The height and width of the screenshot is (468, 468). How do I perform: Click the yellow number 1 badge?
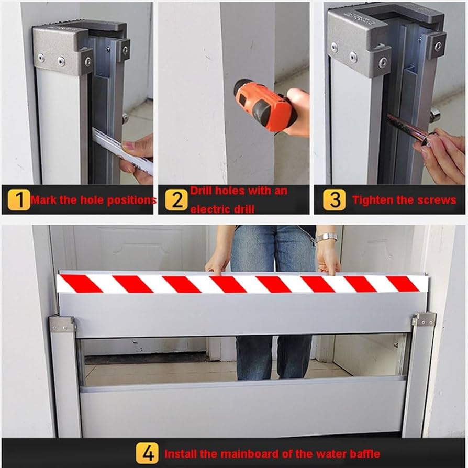coord(19,199)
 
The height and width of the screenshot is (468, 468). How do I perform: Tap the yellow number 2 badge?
coord(176,199)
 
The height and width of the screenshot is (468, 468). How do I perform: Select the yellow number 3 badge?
coord(335,199)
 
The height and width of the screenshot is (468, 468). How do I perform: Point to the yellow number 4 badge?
coord(148,453)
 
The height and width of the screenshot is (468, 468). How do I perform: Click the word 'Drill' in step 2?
coord(201,191)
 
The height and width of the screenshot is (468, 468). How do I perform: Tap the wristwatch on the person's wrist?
coord(326,237)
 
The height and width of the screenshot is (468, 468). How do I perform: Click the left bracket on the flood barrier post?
coord(62,325)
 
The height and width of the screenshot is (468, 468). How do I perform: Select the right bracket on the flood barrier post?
coord(424,320)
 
